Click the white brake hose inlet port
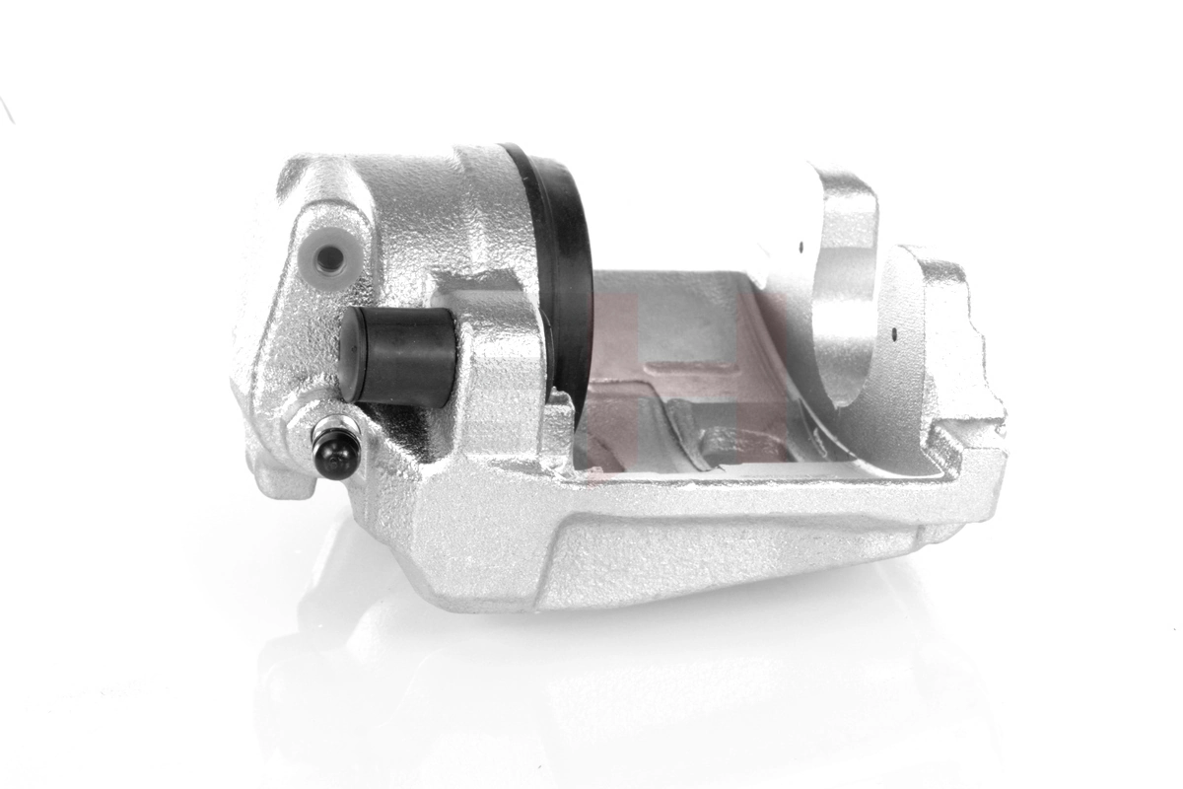tap(329, 258)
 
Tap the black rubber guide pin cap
tap(394, 355)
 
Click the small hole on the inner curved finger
tap(801, 248)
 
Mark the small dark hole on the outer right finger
tap(893, 332)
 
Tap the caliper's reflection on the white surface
tap(591, 671)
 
